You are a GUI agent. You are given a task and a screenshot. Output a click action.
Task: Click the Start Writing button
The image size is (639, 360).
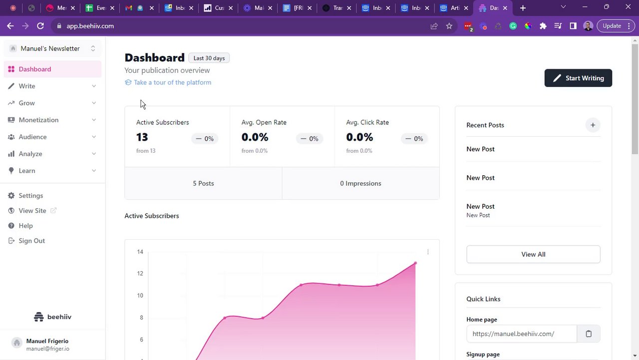pyautogui.click(x=578, y=78)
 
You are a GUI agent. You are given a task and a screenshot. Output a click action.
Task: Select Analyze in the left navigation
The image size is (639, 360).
pyautogui.click(x=30, y=154)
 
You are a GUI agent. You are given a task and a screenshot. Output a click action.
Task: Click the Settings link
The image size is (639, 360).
pyautogui.click(x=31, y=196)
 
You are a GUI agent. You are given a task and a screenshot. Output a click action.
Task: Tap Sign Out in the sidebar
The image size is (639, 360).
pyautogui.click(x=31, y=241)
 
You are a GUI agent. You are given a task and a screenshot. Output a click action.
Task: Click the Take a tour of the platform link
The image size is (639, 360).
pyautogui.click(x=172, y=82)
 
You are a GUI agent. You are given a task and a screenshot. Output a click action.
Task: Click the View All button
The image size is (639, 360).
pyautogui.click(x=533, y=254)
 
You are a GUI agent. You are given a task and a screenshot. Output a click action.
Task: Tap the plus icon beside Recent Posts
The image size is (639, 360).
pyautogui.click(x=593, y=125)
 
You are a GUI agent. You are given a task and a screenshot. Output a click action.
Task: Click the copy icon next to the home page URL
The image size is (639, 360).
pyautogui.click(x=589, y=334)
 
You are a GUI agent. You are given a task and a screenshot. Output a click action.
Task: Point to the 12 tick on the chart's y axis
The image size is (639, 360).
pyautogui.click(x=140, y=274)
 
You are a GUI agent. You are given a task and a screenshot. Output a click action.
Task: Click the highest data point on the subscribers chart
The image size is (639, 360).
pyautogui.click(x=415, y=263)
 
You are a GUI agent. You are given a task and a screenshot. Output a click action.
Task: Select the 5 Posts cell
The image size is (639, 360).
pyautogui.click(x=203, y=183)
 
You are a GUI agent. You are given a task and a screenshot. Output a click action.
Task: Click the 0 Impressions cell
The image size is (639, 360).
pyautogui.click(x=360, y=183)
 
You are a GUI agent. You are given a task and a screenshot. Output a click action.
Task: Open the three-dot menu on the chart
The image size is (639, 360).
pyautogui.click(x=428, y=252)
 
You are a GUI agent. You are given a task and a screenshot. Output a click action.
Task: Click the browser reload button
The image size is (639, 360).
pyautogui.click(x=40, y=26)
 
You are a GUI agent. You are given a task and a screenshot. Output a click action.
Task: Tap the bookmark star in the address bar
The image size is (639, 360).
pyautogui.click(x=449, y=26)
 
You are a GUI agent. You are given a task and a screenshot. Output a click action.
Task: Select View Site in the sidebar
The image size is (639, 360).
pyautogui.click(x=32, y=211)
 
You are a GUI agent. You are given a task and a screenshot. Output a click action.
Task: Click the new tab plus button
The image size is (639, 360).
pyautogui.click(x=523, y=8)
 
